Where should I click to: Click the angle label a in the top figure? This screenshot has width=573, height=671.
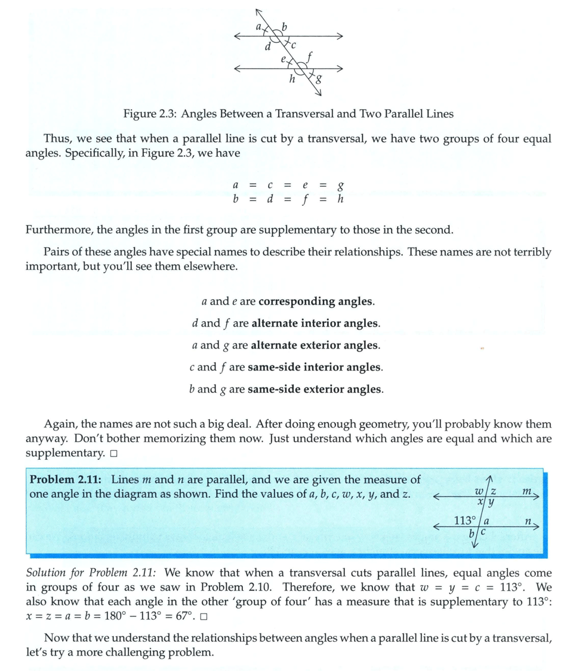coord(258,27)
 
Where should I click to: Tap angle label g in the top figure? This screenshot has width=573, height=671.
coord(321,78)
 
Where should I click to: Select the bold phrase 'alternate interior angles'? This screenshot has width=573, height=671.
coord(315,324)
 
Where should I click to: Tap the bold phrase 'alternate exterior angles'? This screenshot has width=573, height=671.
coord(315,346)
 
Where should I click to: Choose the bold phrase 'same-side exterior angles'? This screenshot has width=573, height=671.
coord(315,390)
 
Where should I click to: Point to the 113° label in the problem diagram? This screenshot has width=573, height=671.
coord(465,521)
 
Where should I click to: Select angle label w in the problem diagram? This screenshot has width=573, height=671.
coord(479,491)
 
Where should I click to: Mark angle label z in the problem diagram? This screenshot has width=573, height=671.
coord(494,491)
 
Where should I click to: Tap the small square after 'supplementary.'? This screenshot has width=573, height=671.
coord(114,454)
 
